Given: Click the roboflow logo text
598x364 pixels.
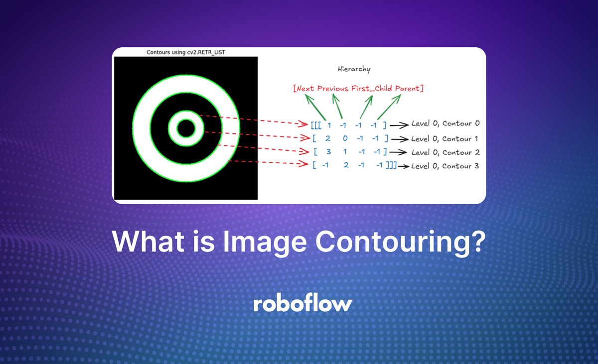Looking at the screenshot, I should [302, 304].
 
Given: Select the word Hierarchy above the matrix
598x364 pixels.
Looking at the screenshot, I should [354, 69].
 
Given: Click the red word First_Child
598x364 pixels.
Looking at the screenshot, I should [369, 89].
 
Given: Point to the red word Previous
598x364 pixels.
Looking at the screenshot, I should [331, 89].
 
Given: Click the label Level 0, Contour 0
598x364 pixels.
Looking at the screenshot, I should [445, 123].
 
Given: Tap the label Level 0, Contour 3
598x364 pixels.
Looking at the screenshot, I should [445, 165].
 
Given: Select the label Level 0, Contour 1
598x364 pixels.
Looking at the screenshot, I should [445, 138].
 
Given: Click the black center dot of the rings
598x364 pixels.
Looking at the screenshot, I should [186, 128].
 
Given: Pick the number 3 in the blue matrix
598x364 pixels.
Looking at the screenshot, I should [328, 151].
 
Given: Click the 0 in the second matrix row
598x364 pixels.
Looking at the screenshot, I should [345, 138].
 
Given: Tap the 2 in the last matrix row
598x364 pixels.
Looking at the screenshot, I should [346, 165].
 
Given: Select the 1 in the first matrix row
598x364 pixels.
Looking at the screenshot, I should [329, 123].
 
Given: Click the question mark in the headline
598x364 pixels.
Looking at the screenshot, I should [477, 243].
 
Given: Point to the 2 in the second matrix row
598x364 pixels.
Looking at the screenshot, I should [327, 138].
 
